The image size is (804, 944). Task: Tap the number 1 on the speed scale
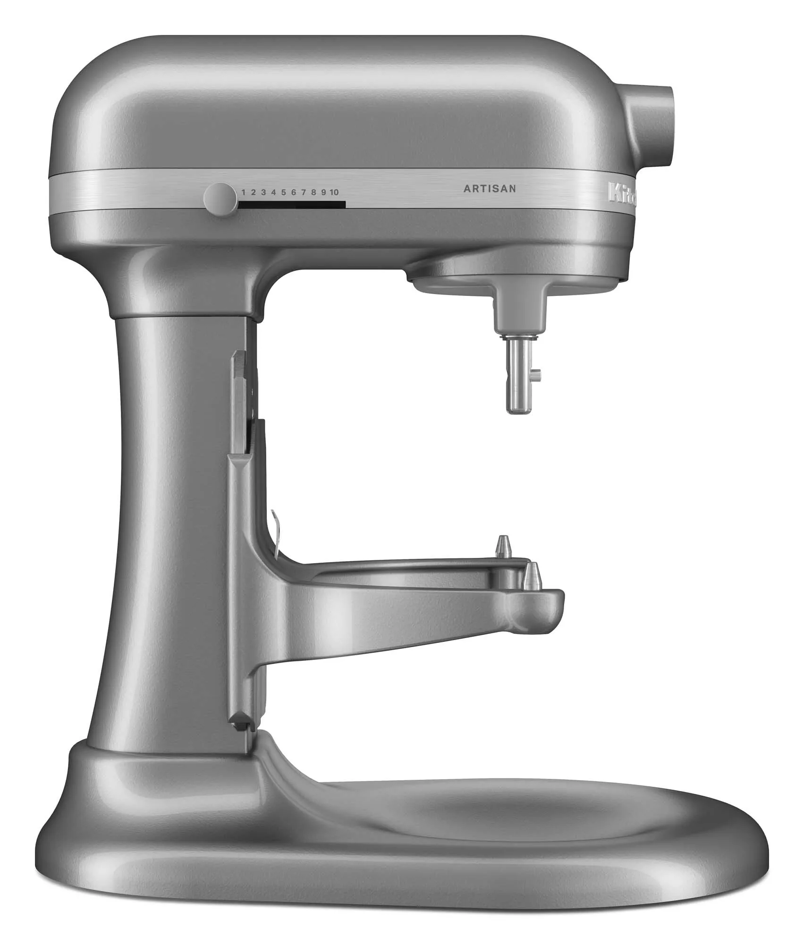pos(244,192)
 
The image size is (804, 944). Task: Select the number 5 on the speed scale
pos(283,192)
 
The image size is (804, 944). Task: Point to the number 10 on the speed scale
pos(334,192)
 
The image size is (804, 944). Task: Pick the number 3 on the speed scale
pos(263,192)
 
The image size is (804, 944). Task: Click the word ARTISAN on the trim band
pos(490,189)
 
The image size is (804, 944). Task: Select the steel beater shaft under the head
pos(518,375)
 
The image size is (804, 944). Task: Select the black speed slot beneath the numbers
pos(292,205)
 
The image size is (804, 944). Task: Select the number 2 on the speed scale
pos(253,192)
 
